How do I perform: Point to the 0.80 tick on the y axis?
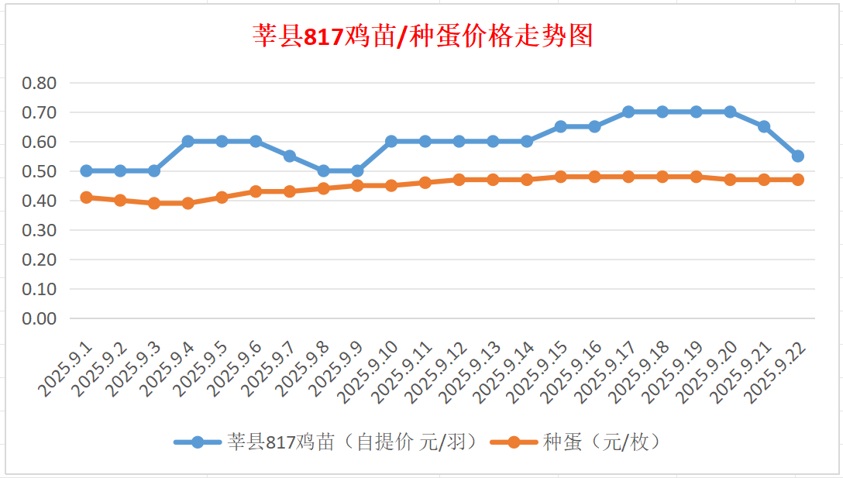(40, 83)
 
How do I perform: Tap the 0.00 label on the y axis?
(40, 318)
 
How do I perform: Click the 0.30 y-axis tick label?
(40, 230)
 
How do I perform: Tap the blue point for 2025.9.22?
(798, 156)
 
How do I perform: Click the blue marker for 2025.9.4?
(188, 141)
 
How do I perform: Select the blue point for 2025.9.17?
(628, 112)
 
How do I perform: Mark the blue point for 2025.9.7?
(290, 156)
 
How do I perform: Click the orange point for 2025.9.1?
(87, 198)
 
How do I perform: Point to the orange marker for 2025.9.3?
(154, 203)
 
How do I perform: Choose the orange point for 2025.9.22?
(798, 180)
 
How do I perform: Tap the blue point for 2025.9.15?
(561, 126)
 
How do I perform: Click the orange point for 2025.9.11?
(425, 183)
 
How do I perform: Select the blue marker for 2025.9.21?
(764, 126)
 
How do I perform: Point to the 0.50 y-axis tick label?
(40, 171)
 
